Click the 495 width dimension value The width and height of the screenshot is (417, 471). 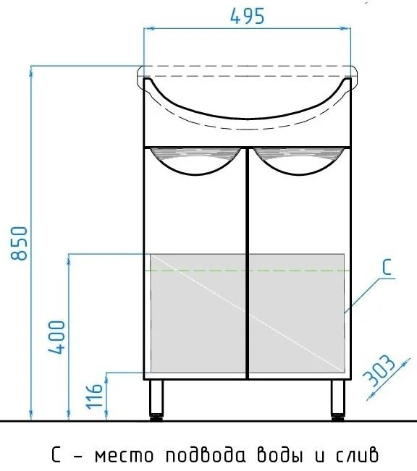click(247, 16)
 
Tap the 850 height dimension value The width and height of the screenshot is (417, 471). click(19, 243)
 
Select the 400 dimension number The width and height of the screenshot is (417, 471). click(56, 337)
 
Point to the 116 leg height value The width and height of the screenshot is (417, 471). click(94, 396)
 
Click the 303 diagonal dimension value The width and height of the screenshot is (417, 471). click(379, 370)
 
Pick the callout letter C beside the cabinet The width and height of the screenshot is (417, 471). click(387, 268)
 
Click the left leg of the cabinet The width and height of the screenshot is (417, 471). click(156, 397)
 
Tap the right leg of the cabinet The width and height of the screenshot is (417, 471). click(338, 397)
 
